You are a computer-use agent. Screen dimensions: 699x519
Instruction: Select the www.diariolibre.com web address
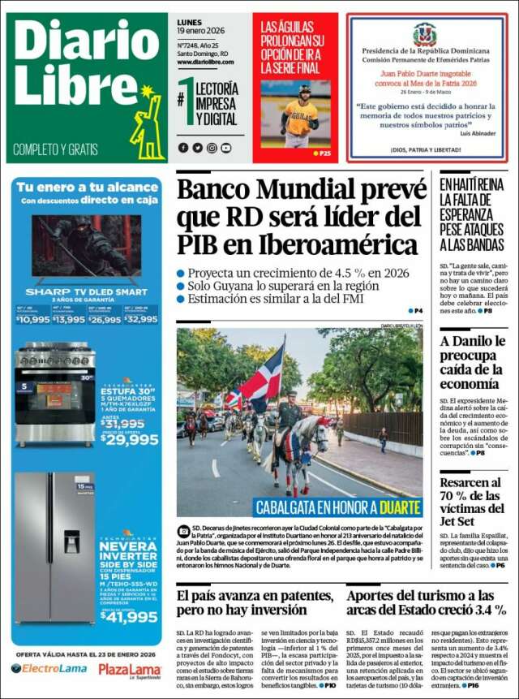[205, 63]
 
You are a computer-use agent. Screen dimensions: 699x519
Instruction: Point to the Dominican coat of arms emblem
[424, 34]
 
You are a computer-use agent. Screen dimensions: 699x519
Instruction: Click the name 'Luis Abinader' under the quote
[477, 132]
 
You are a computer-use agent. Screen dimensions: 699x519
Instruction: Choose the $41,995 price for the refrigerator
[129, 617]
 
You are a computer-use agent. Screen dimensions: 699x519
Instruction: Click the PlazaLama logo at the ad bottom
[130, 669]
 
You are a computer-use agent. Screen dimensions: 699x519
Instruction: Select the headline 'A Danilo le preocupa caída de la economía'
[474, 362]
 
